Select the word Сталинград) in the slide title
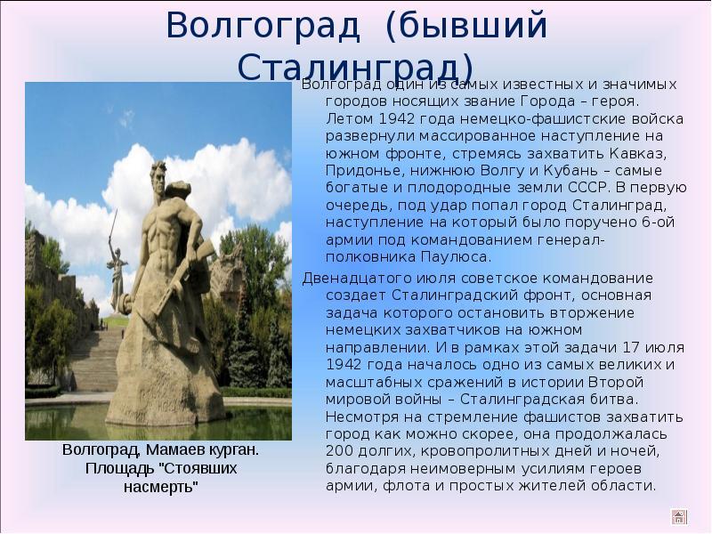click(355, 69)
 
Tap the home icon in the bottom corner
click(679, 517)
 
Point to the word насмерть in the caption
click(161, 487)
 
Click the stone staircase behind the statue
click(93, 359)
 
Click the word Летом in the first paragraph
click(349, 119)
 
